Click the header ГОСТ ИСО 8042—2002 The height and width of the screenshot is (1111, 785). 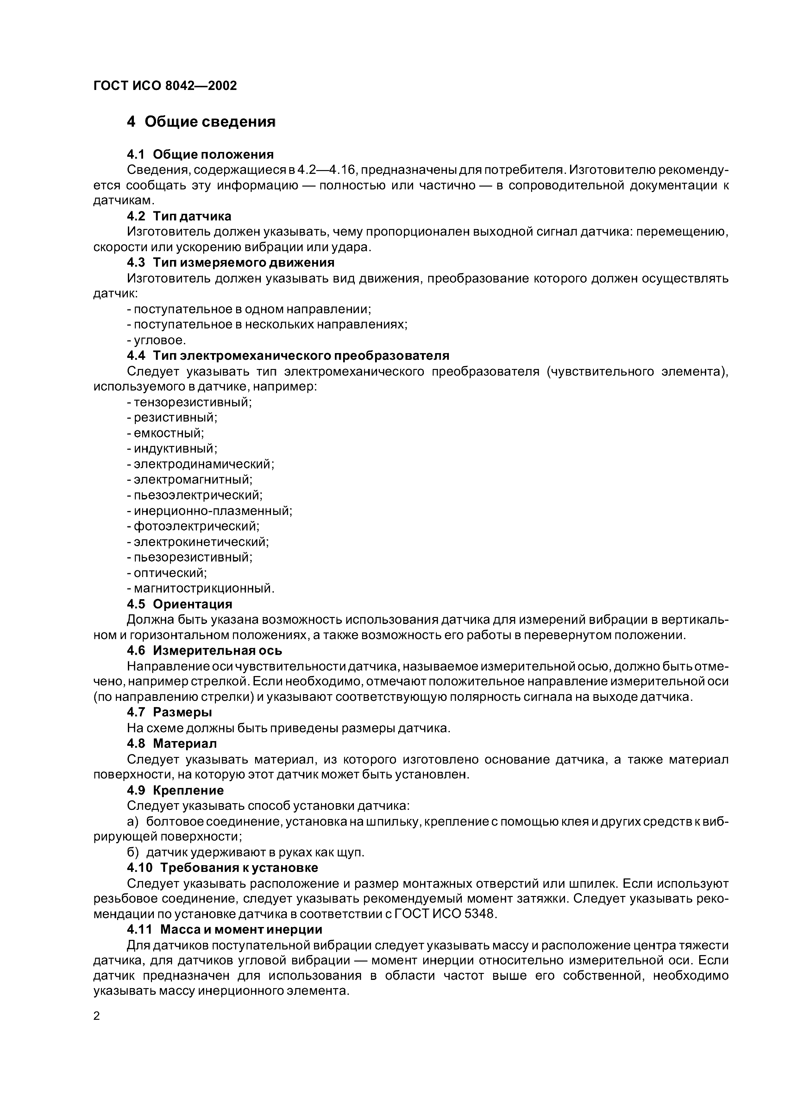[x=165, y=86]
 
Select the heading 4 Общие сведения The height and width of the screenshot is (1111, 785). [x=201, y=121]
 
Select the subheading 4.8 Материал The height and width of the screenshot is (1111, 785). [x=172, y=743]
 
